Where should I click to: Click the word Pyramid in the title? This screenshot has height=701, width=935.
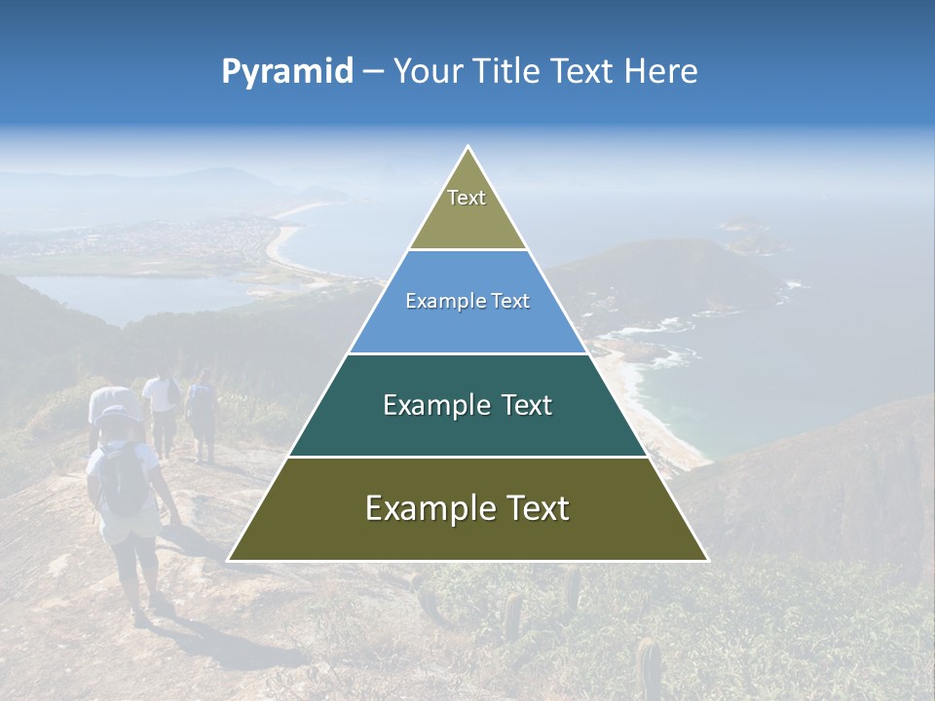(287, 72)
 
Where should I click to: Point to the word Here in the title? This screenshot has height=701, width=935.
(660, 72)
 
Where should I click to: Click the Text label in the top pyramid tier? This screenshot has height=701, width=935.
(467, 198)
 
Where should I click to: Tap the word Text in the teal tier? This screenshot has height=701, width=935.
(527, 405)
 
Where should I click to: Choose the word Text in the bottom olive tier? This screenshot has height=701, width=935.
(538, 508)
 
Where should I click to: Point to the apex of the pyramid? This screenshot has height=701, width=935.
(468, 148)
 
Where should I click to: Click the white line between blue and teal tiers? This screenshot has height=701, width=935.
(467, 353)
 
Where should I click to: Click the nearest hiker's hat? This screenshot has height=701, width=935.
(118, 415)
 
